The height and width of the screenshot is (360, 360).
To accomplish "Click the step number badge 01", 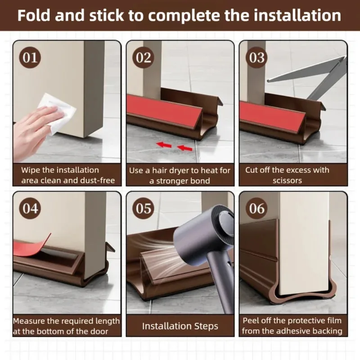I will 31,58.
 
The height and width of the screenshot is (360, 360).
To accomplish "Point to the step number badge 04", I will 31,209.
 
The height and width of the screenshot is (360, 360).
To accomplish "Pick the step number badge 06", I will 257,209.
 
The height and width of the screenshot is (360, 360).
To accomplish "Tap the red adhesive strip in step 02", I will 157,110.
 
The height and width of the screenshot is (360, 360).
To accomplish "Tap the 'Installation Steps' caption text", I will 180,326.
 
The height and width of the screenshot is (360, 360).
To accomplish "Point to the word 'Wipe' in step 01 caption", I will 31,170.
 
